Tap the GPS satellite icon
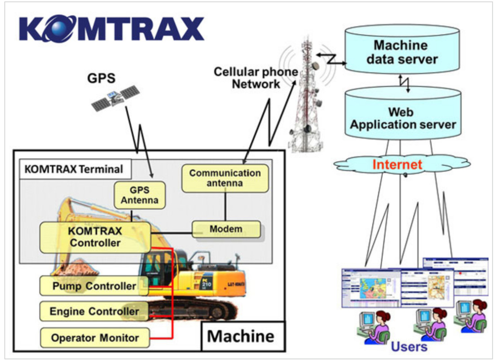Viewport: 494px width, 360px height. pyautogui.click(x=115, y=99)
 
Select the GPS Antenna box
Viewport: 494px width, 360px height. pyautogui.click(x=140, y=195)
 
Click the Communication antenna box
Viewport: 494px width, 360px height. pyautogui.click(x=225, y=178)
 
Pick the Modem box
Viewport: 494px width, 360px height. pyautogui.click(x=226, y=229)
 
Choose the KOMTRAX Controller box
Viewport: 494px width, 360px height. pyautogui.click(x=95, y=237)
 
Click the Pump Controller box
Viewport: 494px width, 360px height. pyautogui.click(x=94, y=286)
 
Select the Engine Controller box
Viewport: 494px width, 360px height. pyautogui.click(x=94, y=311)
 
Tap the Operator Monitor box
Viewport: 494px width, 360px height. pyautogui.click(x=94, y=338)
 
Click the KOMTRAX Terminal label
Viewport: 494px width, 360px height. pyautogui.click(x=74, y=169)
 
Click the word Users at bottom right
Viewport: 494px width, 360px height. pyautogui.click(x=409, y=346)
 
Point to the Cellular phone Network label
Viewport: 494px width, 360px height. pyautogui.click(x=255, y=78)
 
